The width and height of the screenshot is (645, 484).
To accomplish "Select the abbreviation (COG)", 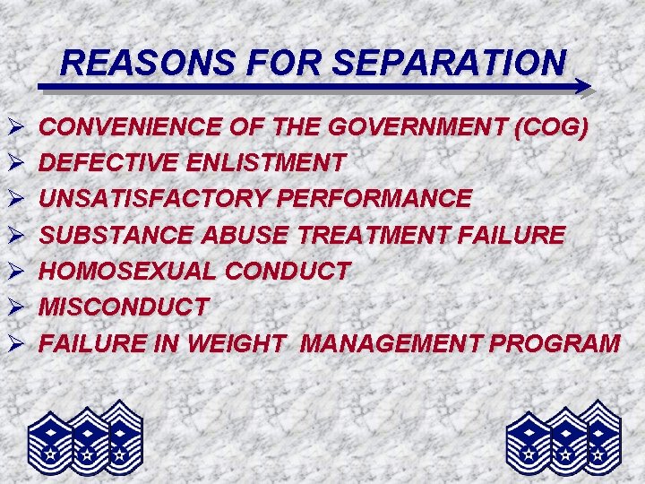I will [x=552, y=128].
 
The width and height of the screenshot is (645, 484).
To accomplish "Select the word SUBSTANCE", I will [x=118, y=235].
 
